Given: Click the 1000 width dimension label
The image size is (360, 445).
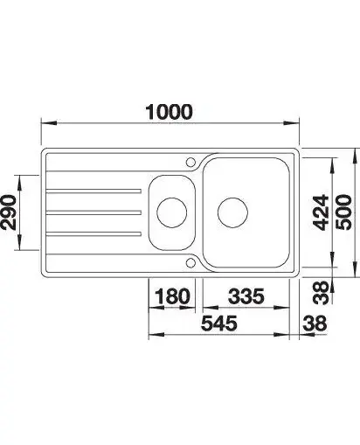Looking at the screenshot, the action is pos(169,112).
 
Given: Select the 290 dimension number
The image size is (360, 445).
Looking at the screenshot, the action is pos(8,212).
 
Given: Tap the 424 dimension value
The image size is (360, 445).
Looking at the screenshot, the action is pos(321,212).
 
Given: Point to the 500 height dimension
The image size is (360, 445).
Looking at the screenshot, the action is pos(343,212).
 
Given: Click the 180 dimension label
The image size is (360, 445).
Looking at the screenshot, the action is pos(172,296).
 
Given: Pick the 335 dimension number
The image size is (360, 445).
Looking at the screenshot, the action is pos(246,296).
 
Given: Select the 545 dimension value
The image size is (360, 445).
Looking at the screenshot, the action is pos(219,323).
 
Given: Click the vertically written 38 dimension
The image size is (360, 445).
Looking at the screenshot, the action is pos(321,293).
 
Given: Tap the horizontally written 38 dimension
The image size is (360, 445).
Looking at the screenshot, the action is pos(315,323).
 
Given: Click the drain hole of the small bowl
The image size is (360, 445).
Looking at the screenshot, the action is pos(171,212).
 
